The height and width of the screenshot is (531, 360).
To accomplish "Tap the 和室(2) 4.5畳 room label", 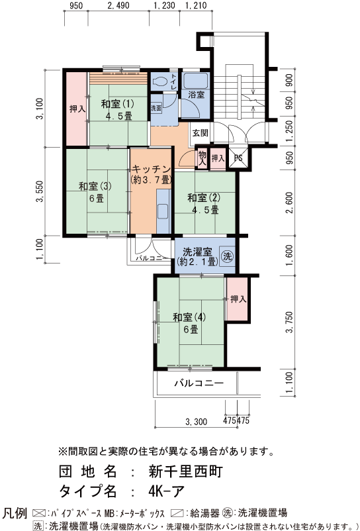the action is pyautogui.click(x=204, y=203).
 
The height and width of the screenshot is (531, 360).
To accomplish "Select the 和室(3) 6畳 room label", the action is pyautogui.click(x=95, y=192).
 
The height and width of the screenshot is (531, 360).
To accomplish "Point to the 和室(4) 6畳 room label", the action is pyautogui.click(x=190, y=323).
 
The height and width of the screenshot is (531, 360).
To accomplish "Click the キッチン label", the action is pyautogui.click(x=151, y=169).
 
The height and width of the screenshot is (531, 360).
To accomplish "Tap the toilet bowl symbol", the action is pyautogui.click(x=159, y=81).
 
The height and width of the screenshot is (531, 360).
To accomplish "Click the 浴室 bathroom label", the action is pyautogui.click(x=197, y=95).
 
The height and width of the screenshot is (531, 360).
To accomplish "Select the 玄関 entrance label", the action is pyautogui.click(x=201, y=132).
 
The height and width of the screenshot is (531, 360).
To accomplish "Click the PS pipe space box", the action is pyautogui.click(x=238, y=158).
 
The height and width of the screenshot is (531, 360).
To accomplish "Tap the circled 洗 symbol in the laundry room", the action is pyautogui.click(x=228, y=256).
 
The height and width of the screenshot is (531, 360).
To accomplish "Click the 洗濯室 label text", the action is pyautogui.click(x=198, y=252).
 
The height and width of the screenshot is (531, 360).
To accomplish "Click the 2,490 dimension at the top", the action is pyautogui.click(x=118, y=6).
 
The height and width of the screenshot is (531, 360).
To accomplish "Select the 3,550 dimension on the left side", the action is pyautogui.click(x=40, y=191).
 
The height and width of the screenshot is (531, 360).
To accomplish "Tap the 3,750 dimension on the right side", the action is pyautogui.click(x=289, y=322).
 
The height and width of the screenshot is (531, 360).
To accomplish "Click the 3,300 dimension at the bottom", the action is pyautogui.click(x=197, y=422).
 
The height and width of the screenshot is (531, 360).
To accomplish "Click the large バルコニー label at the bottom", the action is pyautogui.click(x=199, y=383).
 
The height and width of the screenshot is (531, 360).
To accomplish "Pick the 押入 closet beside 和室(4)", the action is pyautogui.click(x=238, y=299).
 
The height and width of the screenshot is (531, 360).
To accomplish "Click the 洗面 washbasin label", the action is pyautogui.click(x=156, y=109).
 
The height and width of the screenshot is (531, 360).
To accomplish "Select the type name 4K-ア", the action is pyautogui.click(x=166, y=491).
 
